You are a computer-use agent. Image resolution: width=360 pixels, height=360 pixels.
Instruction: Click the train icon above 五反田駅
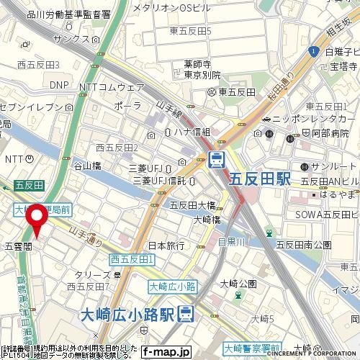coord(216,159)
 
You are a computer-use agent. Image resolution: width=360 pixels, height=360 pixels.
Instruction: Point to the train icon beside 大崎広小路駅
coord(186,313)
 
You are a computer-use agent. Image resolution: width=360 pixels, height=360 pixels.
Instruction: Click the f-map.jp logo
coord(166,352)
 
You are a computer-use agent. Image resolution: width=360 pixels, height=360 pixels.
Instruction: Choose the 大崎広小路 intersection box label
coord(172,287)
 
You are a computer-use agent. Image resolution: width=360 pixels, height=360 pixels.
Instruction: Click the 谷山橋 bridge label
coord(89,166)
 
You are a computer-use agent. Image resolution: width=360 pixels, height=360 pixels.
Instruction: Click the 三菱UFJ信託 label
coord(157,180)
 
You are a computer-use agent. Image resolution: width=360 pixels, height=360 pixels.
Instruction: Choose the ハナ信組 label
coord(192,132)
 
